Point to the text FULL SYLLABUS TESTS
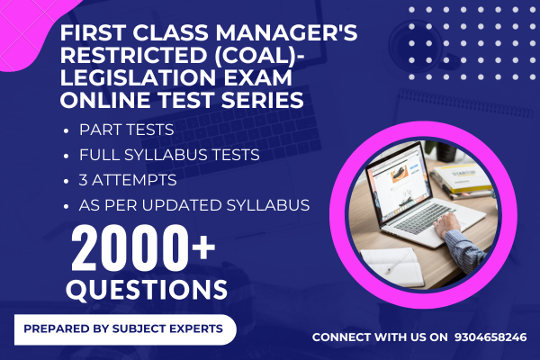[x=169, y=155]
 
